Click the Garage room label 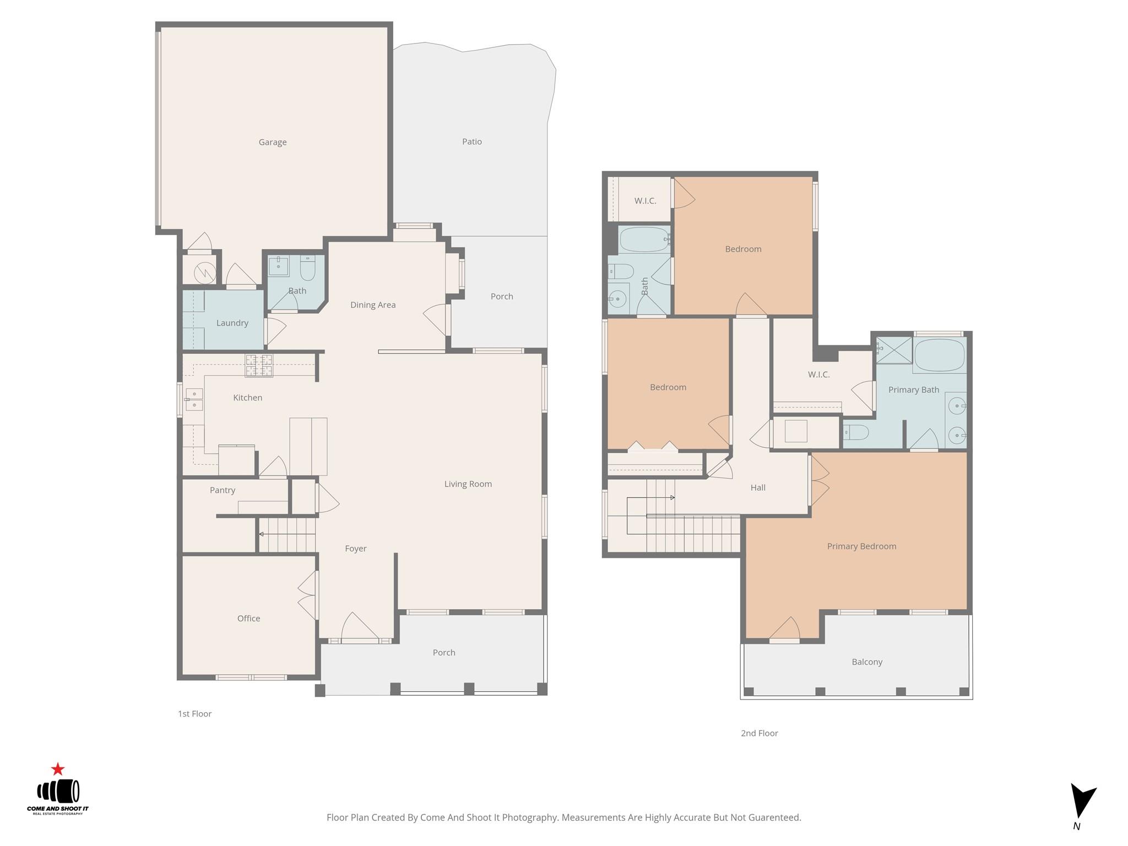pos(273,142)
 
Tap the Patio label pos(472,142)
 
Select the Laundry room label pos(232,323)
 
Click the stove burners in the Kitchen pos(259,366)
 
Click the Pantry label pos(223,490)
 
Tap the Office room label pos(248,619)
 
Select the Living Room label pos(468,484)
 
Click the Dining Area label pos(373,305)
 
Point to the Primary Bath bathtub pos(940,355)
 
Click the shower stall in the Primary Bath pos(894,350)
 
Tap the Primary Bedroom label pos(861,546)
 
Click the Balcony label pos(867,662)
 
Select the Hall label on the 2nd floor pos(758,487)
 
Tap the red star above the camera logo pos(58,769)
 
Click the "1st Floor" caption pos(194,714)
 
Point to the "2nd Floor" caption pos(759,733)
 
